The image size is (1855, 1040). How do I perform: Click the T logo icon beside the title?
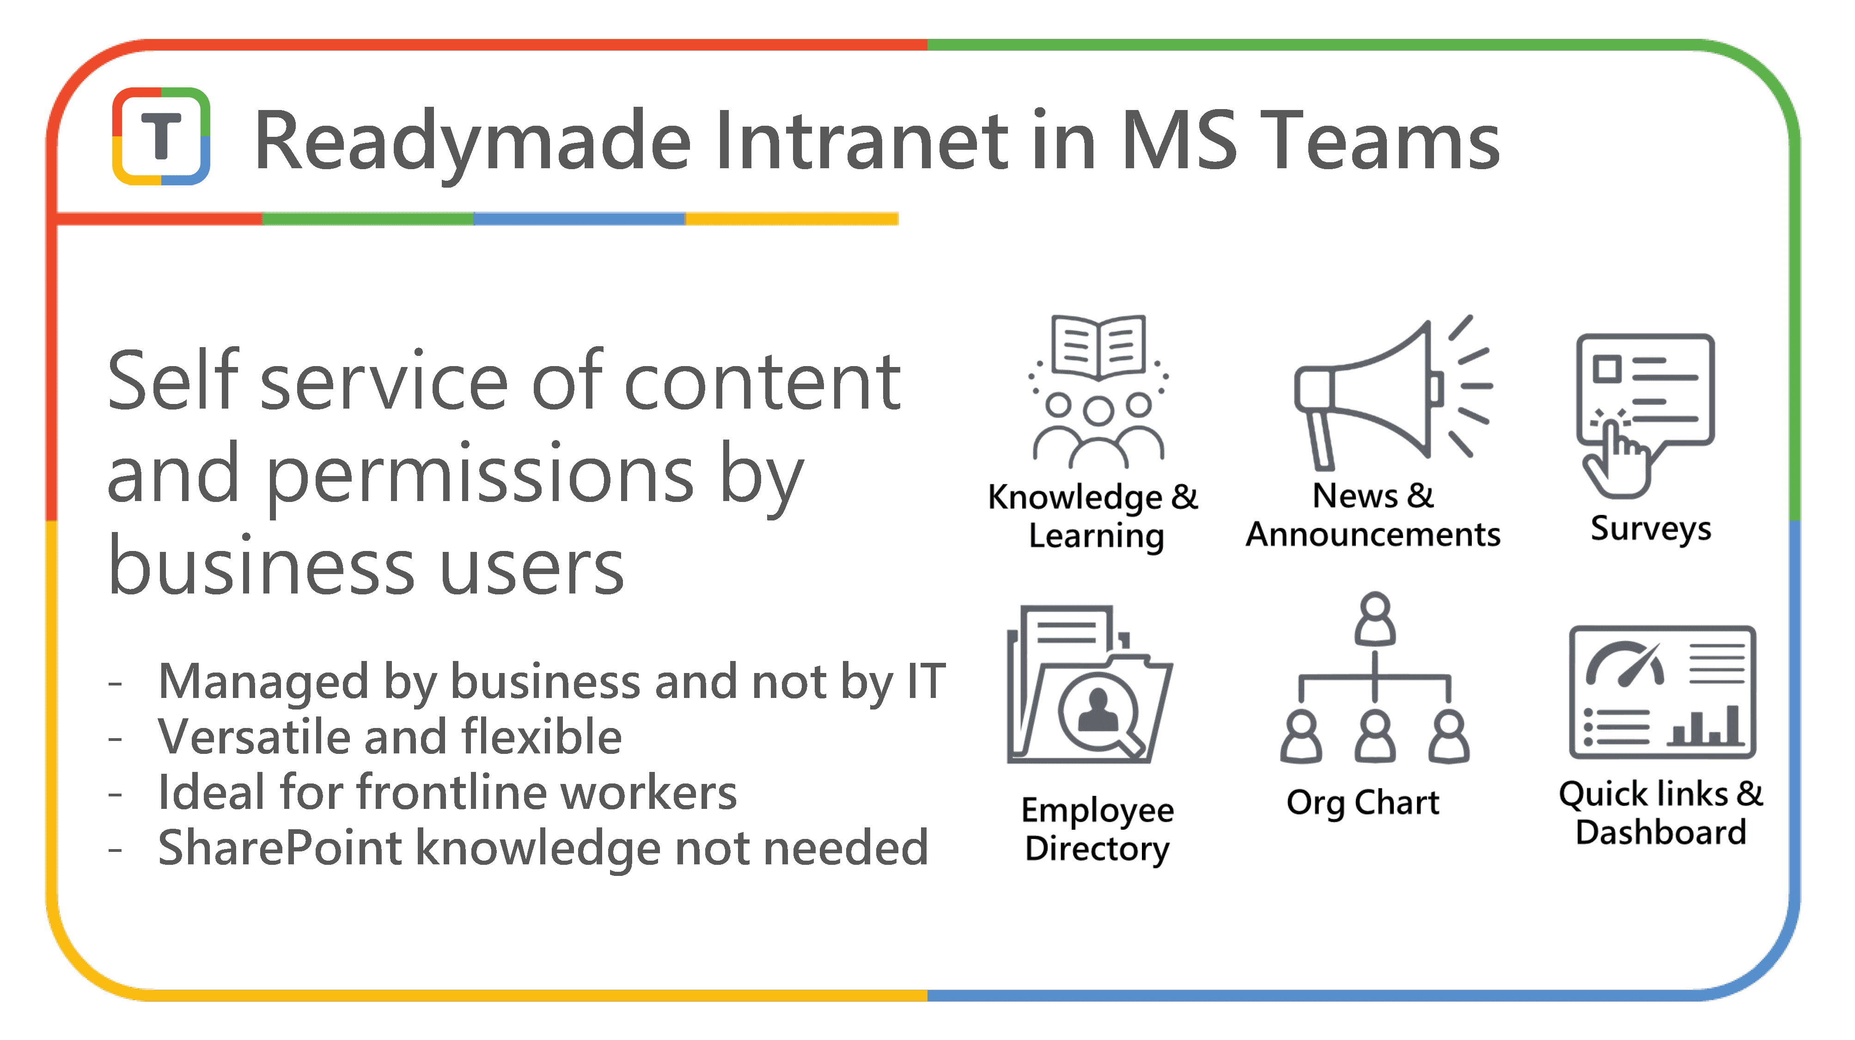(x=160, y=136)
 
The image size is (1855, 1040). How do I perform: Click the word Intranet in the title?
(x=861, y=141)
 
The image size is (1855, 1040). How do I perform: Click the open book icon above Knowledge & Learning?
(x=1098, y=346)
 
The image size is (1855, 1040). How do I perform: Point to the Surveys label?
(x=1650, y=529)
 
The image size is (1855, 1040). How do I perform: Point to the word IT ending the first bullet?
(x=925, y=681)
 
